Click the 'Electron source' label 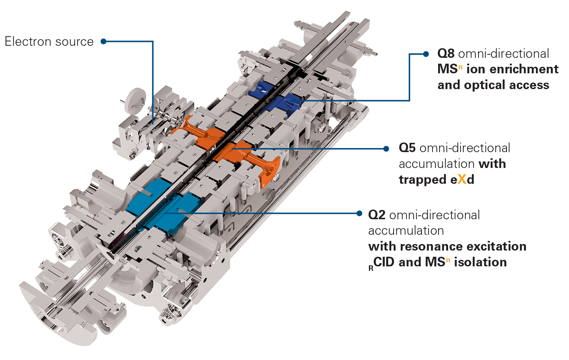(x=49, y=42)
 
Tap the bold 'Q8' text (x=446, y=54)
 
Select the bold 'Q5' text (x=407, y=148)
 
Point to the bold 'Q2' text (x=376, y=215)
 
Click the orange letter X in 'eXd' (x=462, y=179)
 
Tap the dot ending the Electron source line (x=103, y=41)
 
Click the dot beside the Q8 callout (x=426, y=54)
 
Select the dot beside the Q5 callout (x=386, y=149)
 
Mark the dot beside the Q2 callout (x=359, y=213)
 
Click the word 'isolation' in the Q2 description (x=480, y=262)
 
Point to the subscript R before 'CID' (x=371, y=268)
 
